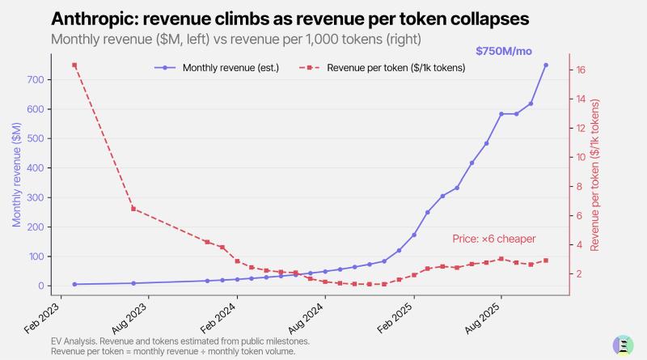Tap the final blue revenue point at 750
tap(546, 65)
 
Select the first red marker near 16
tap(74, 65)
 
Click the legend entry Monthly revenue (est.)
tap(220, 68)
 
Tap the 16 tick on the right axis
tap(580, 70)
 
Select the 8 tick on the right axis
tap(579, 186)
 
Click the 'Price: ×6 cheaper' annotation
tap(493, 239)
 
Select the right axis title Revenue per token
tap(596, 175)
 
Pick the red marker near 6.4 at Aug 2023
tap(133, 209)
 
